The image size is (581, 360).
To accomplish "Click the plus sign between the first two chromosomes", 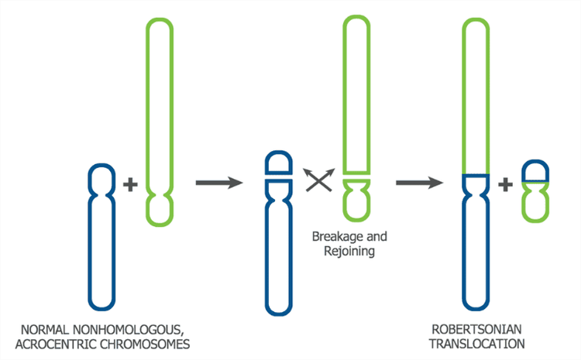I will tap(130, 185).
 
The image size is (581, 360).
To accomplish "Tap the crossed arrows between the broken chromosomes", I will tap(318, 180).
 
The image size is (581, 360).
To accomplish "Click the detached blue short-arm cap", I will tap(278, 163).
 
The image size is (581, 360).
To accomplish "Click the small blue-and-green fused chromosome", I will tap(535, 190).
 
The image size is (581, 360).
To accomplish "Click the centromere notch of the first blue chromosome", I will tap(98, 187).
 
